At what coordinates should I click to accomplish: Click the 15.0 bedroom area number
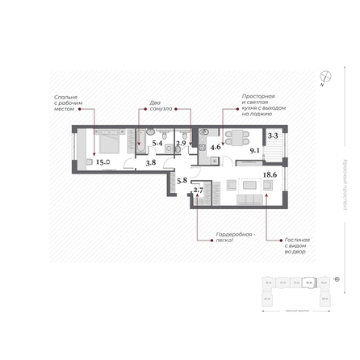pos(103,162)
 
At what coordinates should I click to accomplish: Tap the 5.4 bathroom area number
pos(158,144)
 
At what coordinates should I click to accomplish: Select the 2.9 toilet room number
pos(181,144)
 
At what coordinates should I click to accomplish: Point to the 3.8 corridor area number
pos(150,162)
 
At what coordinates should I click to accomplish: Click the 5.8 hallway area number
pos(182,180)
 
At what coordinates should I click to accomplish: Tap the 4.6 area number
pos(216,149)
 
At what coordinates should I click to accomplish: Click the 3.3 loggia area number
pos(273,136)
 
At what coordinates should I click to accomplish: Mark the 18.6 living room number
pos(269,174)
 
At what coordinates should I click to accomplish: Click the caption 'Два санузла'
pos(160,106)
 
